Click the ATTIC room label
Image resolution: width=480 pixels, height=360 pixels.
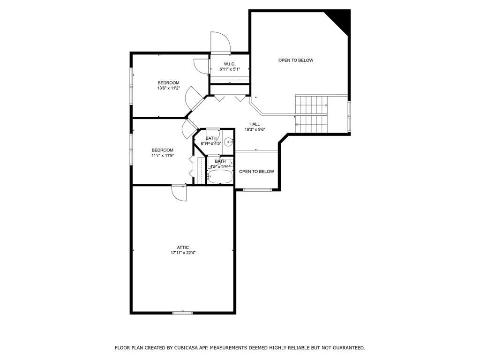[183, 247]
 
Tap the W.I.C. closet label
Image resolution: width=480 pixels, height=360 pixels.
[230, 64]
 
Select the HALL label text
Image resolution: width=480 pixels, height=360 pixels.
[255, 124]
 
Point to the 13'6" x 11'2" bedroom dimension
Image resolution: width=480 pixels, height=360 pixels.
[168, 88]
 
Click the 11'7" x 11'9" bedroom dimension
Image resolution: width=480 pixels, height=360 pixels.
[163, 155]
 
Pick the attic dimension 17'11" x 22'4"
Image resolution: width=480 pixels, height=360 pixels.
[183, 253]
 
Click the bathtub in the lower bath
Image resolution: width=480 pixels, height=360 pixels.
[220, 177]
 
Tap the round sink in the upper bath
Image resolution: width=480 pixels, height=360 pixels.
[228, 142]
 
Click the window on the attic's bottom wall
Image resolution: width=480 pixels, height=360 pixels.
[182, 313]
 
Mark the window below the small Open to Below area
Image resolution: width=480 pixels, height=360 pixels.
[257, 190]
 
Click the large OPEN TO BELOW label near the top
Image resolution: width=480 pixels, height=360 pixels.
[296, 60]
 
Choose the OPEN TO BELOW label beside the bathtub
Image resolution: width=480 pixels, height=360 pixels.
[256, 172]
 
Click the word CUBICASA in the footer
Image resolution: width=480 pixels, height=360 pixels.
[185, 348]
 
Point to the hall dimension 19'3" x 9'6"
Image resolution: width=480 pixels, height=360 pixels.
[255, 129]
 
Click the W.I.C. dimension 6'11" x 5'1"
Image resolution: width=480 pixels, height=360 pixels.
[230, 69]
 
